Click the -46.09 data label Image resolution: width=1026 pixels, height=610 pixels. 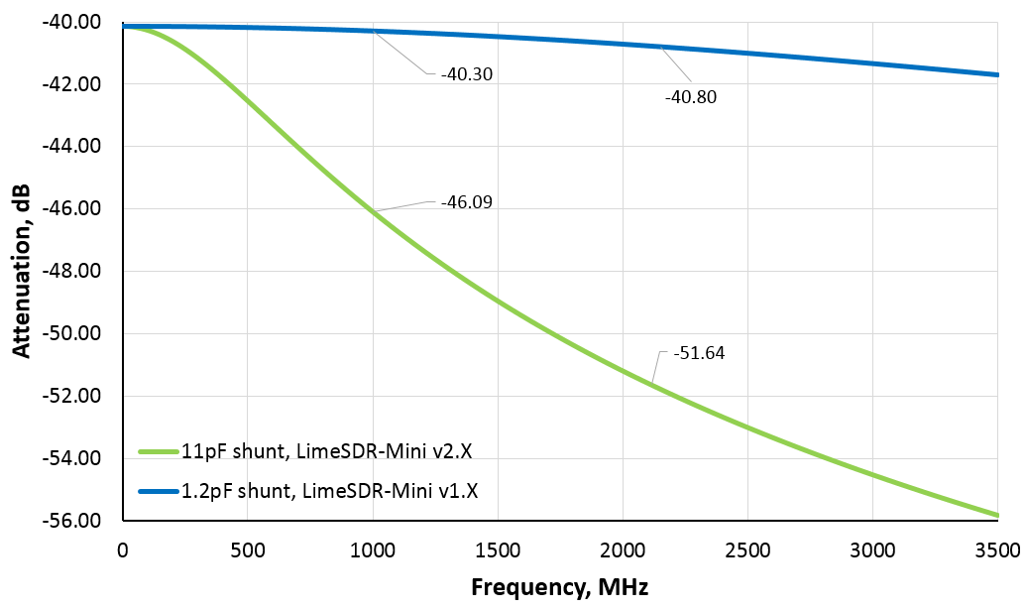click(x=466, y=202)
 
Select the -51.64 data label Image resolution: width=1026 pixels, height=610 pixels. click(x=698, y=353)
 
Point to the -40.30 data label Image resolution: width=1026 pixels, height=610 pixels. click(x=466, y=73)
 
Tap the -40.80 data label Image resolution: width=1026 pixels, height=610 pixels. click(x=690, y=97)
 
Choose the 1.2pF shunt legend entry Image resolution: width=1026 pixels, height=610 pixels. click(x=337, y=489)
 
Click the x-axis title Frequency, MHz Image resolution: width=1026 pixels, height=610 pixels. click(x=559, y=586)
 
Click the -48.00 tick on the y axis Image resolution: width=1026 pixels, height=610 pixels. click(x=76, y=271)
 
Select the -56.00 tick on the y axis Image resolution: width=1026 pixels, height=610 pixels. click(x=76, y=521)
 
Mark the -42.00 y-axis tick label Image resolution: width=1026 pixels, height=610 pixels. click(x=76, y=83)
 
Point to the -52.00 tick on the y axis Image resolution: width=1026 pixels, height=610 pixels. click(x=76, y=396)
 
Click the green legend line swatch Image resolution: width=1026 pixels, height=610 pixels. click(x=157, y=452)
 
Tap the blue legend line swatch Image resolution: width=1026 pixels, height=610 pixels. click(x=157, y=489)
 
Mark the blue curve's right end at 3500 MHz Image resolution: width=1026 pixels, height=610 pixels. click(x=996, y=74)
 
